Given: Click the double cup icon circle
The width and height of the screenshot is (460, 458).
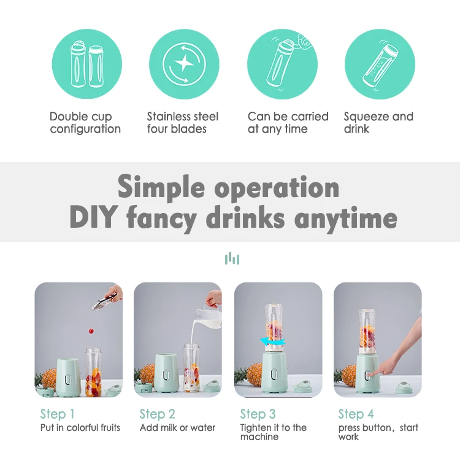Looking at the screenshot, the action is click(87, 64).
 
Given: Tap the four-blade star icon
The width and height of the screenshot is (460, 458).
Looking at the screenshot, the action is click(184, 64).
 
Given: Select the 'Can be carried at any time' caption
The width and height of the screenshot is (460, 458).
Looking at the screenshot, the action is click(288, 123).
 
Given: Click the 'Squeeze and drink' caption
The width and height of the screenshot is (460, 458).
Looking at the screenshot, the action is click(378, 123).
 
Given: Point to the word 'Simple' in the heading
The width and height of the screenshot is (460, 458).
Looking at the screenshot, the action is click(161, 188).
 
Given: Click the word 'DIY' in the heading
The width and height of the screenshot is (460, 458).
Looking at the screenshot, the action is click(94, 217).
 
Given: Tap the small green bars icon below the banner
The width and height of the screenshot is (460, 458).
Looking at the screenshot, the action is click(232, 258).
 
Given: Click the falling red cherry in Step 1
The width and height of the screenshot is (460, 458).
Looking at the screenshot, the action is click(91, 331).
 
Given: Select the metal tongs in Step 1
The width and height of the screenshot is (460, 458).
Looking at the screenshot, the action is click(104, 301).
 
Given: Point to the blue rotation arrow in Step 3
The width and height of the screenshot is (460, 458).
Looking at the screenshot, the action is click(272, 341).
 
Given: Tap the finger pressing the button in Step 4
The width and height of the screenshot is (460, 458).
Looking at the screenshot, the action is click(372, 374).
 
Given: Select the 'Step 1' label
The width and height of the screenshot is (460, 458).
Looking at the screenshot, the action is click(57, 414).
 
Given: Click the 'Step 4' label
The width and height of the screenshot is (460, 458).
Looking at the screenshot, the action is click(356, 414).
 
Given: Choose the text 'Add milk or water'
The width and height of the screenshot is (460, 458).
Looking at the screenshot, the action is click(177, 427).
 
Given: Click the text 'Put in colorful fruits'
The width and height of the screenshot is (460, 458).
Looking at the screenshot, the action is click(80, 427).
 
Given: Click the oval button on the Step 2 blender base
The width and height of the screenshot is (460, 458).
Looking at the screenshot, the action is click(167, 375).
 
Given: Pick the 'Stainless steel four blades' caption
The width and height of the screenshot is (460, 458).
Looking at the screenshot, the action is click(183, 123).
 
